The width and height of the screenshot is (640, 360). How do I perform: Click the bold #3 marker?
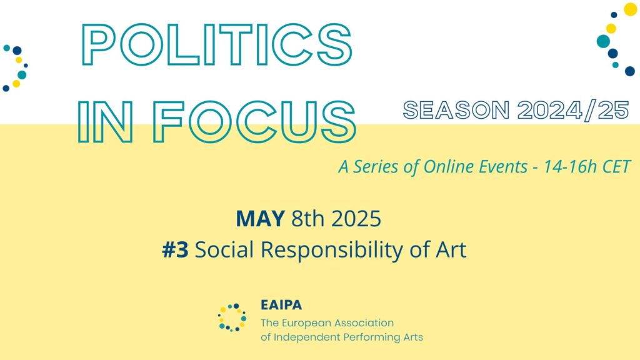(x=175, y=250)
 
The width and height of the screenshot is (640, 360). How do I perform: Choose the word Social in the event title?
(x=224, y=250)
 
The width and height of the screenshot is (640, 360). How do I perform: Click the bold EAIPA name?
(x=281, y=306)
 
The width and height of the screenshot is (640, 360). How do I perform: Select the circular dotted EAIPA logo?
(x=232, y=317)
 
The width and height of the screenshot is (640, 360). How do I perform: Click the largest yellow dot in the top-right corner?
(x=630, y=9)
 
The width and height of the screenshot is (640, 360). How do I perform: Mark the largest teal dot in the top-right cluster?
(x=603, y=41)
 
